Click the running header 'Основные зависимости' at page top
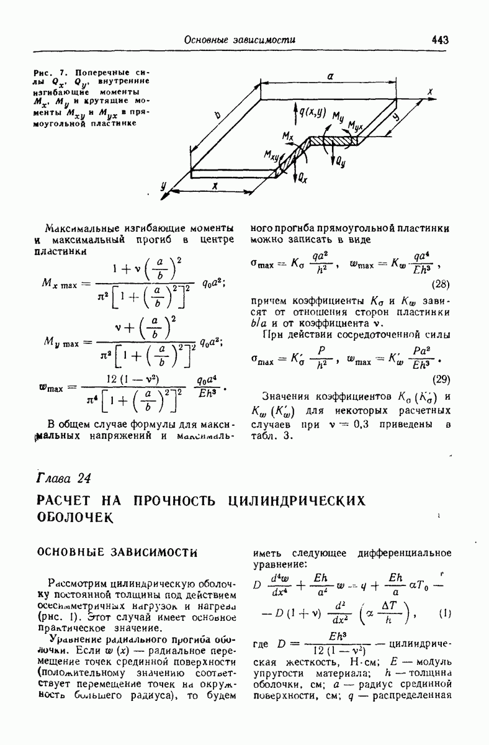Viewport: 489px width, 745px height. coord(239,40)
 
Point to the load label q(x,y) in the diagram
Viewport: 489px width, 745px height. coord(312,112)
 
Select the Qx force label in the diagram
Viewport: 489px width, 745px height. coord(302,178)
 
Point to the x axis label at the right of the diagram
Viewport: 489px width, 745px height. coord(429,92)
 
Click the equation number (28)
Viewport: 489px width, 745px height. coord(441,284)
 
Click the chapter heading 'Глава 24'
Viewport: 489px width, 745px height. coord(65,478)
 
